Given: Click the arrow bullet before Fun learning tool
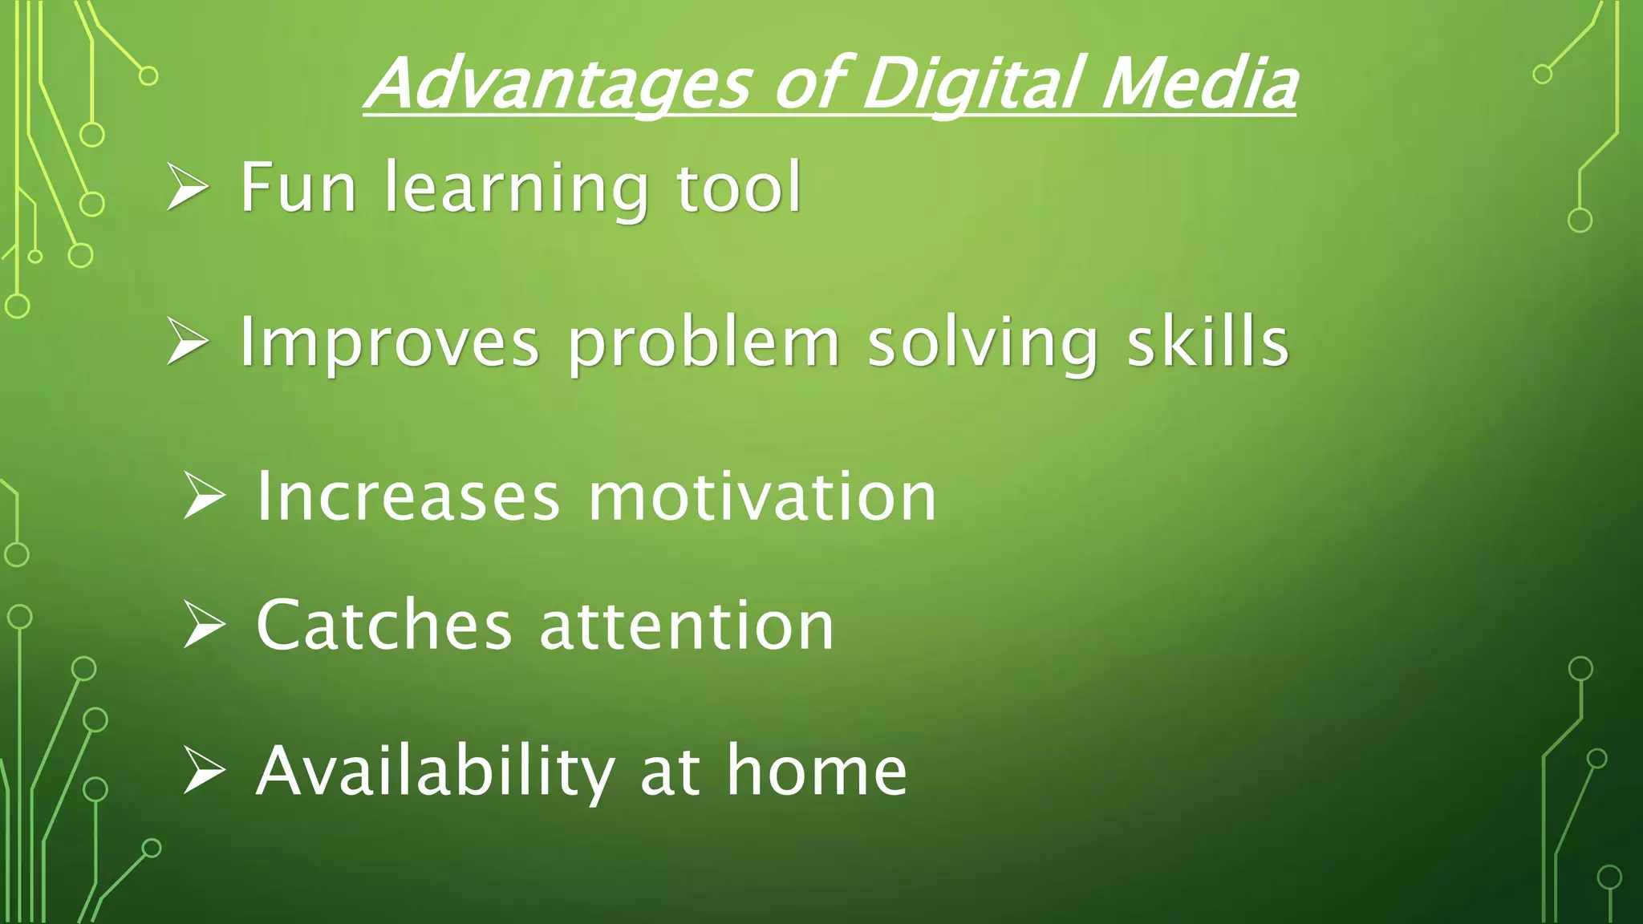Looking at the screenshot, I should tap(188, 188).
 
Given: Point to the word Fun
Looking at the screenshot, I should tap(298, 188).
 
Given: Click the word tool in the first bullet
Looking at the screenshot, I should tap(739, 188).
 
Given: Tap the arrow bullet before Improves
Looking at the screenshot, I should tap(188, 342).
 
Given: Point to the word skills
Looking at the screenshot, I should tap(1208, 342).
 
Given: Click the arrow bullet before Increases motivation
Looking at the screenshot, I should tap(204, 496).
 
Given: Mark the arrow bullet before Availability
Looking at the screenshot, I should tap(204, 772).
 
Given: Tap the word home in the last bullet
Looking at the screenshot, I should tap(817, 772).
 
